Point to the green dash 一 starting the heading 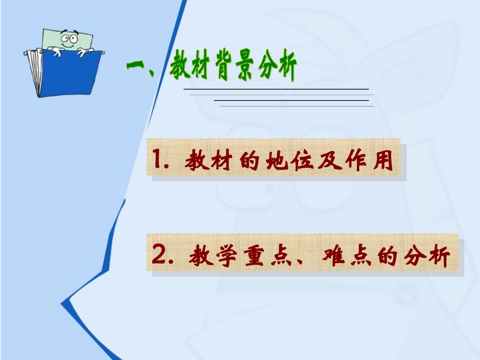pos(135,66)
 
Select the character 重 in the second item pos(255,257)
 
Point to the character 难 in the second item pos(335,257)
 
